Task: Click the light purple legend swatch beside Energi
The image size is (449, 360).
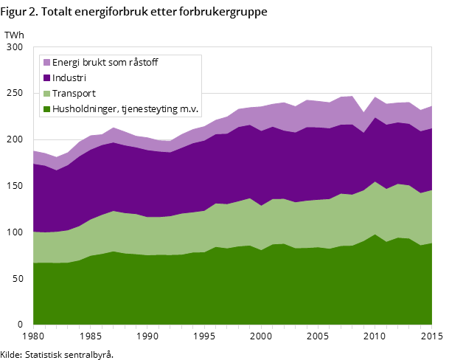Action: click(x=46, y=63)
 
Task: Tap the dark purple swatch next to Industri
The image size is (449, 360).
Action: click(x=46, y=78)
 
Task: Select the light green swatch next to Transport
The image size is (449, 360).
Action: click(x=46, y=94)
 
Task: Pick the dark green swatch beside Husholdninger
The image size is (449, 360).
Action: click(x=46, y=109)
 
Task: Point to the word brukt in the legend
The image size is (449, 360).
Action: click(x=96, y=63)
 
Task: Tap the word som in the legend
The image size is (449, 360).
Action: click(x=119, y=63)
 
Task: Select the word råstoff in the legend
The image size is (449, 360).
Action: click(x=144, y=63)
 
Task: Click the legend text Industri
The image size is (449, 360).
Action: click(x=69, y=78)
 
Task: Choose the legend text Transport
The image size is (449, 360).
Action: click(x=74, y=94)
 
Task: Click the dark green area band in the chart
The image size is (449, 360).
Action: click(x=221, y=288)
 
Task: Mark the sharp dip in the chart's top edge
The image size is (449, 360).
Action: click(x=364, y=113)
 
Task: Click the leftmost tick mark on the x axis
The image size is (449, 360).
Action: click(x=33, y=326)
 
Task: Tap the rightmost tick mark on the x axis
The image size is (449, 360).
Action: click(x=431, y=326)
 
